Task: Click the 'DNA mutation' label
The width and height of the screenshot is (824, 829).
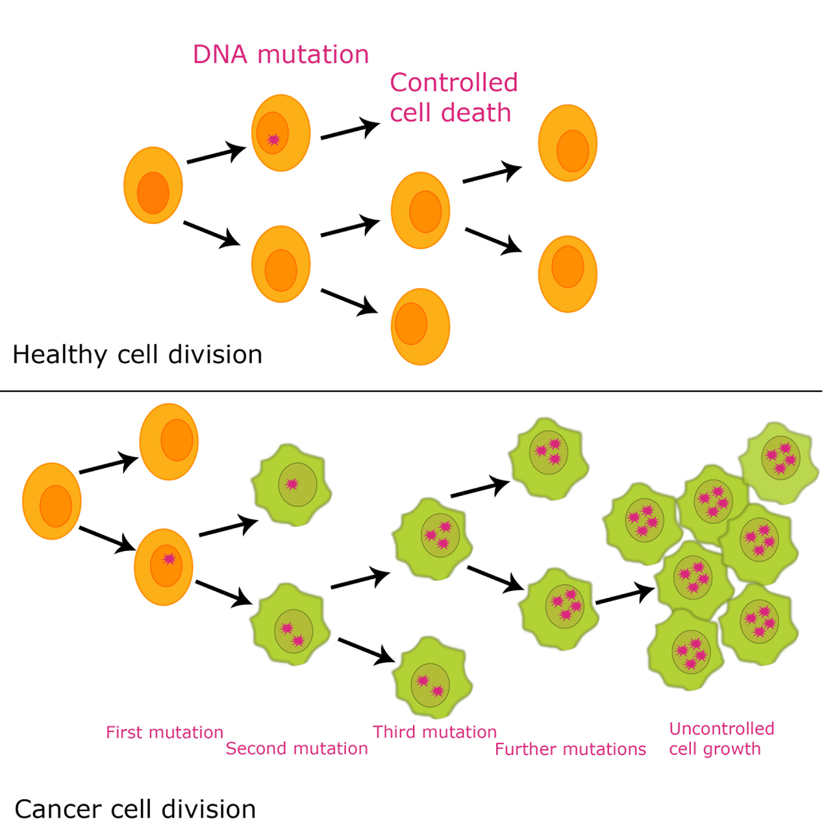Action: (x=280, y=54)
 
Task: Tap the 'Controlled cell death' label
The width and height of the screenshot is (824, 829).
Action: (x=453, y=97)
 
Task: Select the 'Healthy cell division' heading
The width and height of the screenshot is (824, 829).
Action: (x=137, y=355)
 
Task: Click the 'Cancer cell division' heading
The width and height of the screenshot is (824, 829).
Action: (x=135, y=809)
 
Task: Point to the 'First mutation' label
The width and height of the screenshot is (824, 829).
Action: (x=164, y=732)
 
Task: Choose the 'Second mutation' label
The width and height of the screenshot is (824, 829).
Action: (x=296, y=749)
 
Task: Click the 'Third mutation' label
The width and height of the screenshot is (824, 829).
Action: (x=434, y=732)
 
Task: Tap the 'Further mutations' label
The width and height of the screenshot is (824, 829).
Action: (x=570, y=749)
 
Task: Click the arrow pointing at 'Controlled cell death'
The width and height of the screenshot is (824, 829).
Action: (x=350, y=130)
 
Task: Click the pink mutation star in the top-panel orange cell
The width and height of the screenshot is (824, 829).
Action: (x=273, y=139)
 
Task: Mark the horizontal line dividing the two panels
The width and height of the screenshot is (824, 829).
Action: (x=411, y=391)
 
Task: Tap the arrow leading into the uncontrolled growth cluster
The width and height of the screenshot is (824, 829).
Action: (x=624, y=595)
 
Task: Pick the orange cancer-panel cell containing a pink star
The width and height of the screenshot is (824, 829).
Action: (x=163, y=567)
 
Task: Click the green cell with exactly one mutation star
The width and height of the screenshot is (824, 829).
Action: (x=292, y=485)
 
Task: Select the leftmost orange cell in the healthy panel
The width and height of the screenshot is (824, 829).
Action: (x=153, y=185)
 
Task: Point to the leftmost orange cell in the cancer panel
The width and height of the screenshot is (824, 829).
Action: (x=52, y=501)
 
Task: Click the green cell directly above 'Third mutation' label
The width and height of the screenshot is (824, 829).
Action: (x=432, y=678)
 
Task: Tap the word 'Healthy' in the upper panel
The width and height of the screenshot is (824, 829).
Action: (x=59, y=355)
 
